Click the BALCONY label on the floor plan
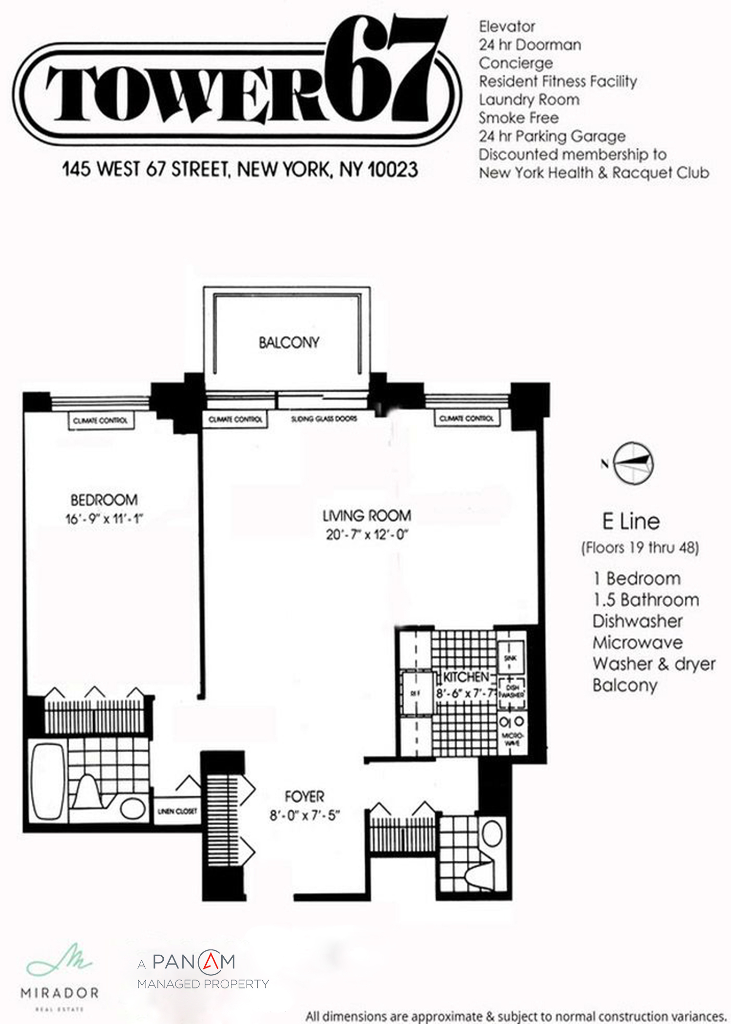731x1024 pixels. tap(289, 342)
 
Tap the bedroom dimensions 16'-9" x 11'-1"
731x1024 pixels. tap(104, 519)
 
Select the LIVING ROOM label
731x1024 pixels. tap(366, 516)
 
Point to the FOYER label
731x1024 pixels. tap(305, 796)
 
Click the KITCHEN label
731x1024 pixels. tap(465, 677)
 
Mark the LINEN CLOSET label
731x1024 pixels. tap(177, 811)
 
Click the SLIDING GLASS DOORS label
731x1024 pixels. tap(324, 419)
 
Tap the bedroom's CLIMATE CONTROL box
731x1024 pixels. tap(100, 421)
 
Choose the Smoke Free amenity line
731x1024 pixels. tap(519, 118)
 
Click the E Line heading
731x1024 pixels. tap(631, 522)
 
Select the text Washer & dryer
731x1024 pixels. tap(654, 664)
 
